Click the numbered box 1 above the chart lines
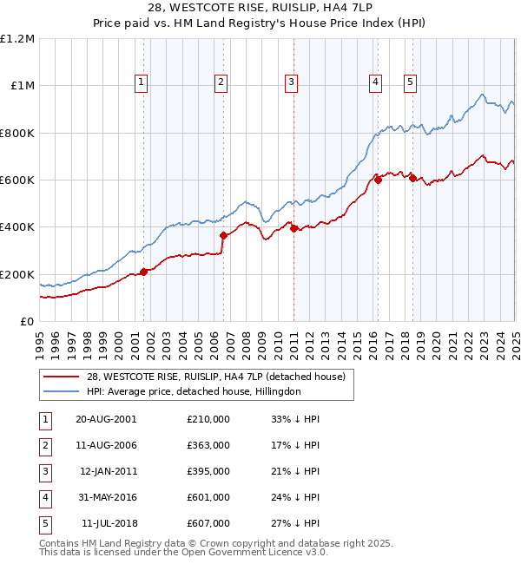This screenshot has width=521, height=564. click(141, 82)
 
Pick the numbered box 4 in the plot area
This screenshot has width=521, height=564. click(375, 82)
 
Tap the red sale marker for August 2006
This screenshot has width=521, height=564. click(223, 235)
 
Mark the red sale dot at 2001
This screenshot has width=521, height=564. click(144, 272)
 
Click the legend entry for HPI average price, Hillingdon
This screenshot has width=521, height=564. click(193, 391)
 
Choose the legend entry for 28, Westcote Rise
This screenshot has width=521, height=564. click(216, 377)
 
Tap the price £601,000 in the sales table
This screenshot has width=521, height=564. click(208, 497)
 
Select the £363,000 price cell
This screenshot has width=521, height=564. click(208, 445)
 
